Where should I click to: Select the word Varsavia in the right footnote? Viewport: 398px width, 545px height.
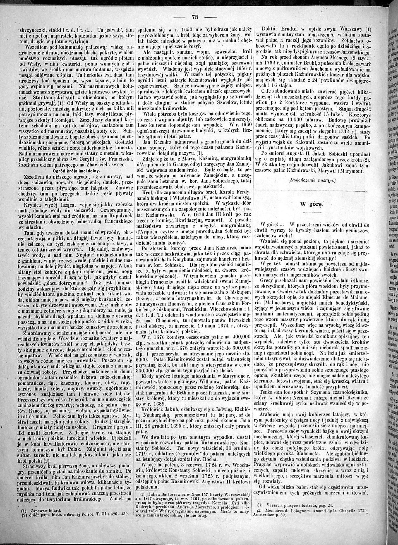click(x=276, y=505)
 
